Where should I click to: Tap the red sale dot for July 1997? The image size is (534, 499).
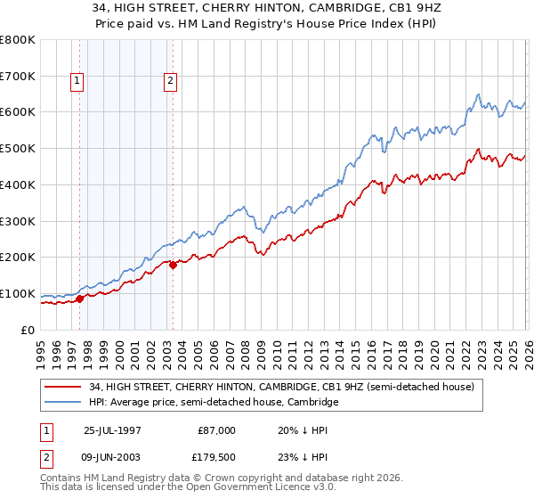tap(80, 299)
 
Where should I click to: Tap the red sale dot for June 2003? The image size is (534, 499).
tap(173, 265)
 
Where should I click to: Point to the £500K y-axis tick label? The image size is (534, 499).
tap(18, 149)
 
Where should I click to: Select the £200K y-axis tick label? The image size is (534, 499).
tap(18, 258)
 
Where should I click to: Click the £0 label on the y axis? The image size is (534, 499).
tap(27, 330)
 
